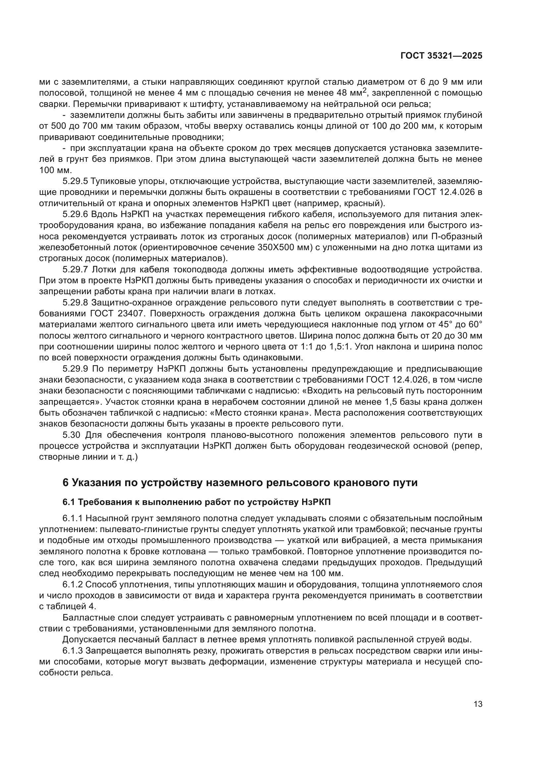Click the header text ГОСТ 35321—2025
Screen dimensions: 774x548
441,56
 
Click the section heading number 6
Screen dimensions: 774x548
66,483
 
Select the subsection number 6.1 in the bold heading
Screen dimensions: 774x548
69,502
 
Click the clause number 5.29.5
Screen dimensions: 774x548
75,181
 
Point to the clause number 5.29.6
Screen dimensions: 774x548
75,214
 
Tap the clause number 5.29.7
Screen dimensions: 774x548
75,270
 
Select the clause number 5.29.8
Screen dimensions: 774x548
75,303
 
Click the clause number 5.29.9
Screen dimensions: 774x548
75,369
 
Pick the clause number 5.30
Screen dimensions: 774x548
71,435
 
